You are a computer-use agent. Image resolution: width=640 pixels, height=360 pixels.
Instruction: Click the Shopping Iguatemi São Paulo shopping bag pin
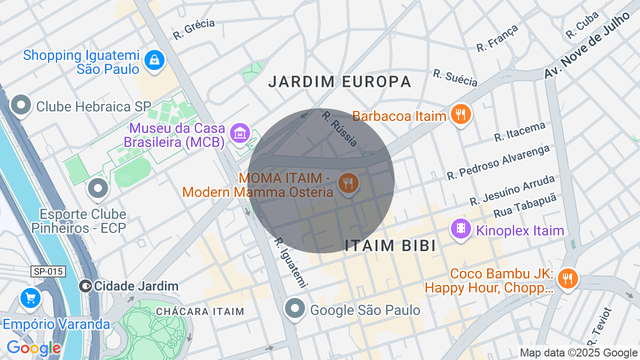[155, 60]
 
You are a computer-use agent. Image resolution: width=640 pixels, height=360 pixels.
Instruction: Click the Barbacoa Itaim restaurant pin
[460, 115]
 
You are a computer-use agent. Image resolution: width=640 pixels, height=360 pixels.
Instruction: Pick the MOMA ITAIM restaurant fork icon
[348, 183]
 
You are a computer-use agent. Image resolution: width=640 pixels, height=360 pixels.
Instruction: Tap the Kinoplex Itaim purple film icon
[460, 229]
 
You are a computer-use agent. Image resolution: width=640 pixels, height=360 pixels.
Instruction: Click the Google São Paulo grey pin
[295, 308]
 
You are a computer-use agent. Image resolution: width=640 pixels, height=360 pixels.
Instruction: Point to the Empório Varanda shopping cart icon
[30, 298]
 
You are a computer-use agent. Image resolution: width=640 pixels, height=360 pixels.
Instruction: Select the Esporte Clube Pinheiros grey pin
[98, 188]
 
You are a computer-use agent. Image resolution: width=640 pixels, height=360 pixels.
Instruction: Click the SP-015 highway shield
[48, 271]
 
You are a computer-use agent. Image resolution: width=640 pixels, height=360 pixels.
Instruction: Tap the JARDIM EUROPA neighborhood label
[339, 81]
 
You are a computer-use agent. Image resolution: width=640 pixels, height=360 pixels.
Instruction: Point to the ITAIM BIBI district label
[390, 245]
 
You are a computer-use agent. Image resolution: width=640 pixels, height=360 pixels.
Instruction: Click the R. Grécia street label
[193, 29]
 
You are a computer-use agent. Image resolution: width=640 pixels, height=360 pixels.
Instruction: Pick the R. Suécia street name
[455, 77]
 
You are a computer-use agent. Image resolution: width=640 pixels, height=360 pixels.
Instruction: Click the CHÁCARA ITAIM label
[200, 311]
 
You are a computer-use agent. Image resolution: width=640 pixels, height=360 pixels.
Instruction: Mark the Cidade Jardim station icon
[86, 286]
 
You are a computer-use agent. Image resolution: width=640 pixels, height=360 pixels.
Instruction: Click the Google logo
[33, 348]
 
